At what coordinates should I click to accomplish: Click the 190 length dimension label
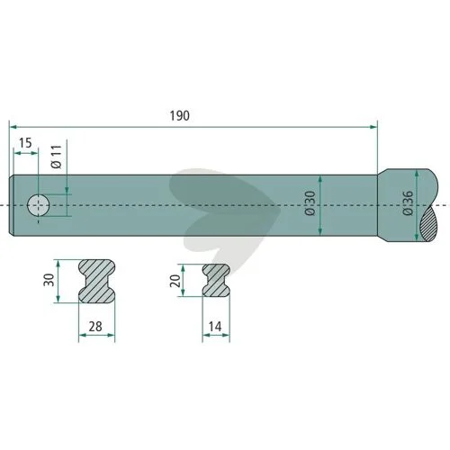tap(180, 116)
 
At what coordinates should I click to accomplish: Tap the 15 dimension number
tap(25, 143)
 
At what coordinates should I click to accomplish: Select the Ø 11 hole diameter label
tap(56, 157)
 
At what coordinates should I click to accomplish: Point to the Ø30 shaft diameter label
tap(310, 203)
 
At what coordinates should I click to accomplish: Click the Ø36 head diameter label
tap(408, 203)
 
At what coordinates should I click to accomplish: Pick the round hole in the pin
tap(39, 205)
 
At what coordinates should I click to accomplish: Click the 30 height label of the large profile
tap(49, 280)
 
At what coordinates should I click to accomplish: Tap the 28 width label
tap(95, 327)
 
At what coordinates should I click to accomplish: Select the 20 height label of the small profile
tap(175, 281)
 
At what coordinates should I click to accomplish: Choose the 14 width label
tap(215, 327)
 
